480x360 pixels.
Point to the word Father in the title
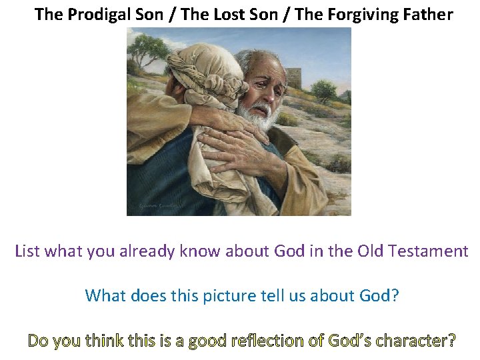click(428, 14)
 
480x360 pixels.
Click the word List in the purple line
click(27, 251)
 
